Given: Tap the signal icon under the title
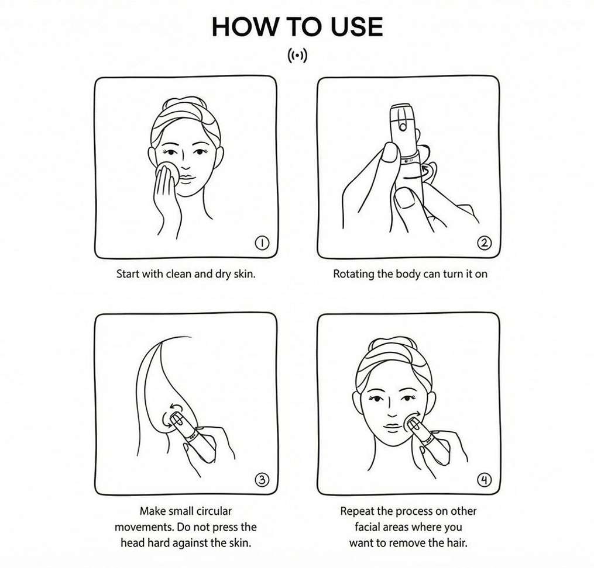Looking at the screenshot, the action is pos(297,56).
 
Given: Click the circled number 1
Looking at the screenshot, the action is pos(262,243).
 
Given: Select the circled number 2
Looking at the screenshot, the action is pos(485,243).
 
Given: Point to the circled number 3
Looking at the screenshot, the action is pos(262,480).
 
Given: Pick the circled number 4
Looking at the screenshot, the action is pos(485,480).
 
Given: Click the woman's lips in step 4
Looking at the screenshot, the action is pos(393,427).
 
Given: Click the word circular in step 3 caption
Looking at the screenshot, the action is pos(214,511).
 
